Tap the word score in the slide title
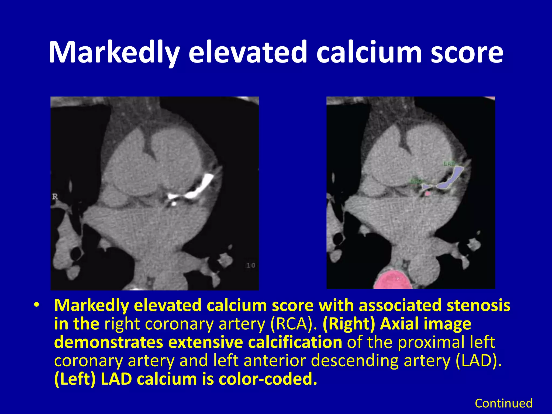tap(467, 52)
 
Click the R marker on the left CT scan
tap(55, 197)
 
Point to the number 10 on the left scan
tap(251, 265)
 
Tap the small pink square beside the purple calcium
tap(427, 193)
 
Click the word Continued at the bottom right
tap(503, 403)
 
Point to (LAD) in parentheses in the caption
tap(478, 361)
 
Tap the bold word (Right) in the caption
tap(349, 324)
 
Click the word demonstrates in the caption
tap(109, 342)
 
